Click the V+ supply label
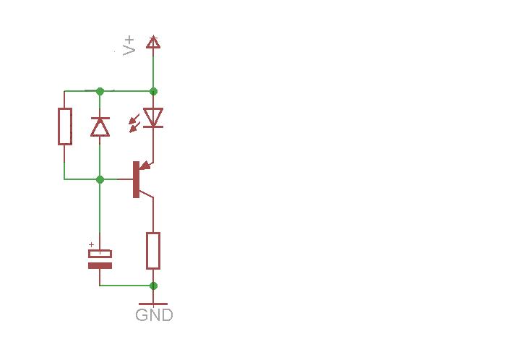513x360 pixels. tap(129, 46)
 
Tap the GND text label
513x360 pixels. tap(154, 315)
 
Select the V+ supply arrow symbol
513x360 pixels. tap(153, 42)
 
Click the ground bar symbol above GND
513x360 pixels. tap(153, 304)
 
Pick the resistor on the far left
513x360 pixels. tap(65, 127)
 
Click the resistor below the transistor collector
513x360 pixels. tap(153, 251)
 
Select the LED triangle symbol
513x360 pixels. tap(153, 118)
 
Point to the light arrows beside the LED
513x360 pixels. tap(134, 123)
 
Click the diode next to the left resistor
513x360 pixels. tap(100, 127)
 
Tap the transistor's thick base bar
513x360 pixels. tap(136, 179)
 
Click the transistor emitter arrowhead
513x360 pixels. tap(146, 166)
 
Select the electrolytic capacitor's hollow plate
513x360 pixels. tap(100, 254)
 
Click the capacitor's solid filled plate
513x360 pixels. tap(100, 265)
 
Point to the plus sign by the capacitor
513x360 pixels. tap(91, 244)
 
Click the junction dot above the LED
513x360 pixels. tap(153, 91)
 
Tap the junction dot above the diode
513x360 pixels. tap(100, 91)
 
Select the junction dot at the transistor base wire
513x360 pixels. tap(100, 179)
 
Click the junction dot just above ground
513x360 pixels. tap(153, 286)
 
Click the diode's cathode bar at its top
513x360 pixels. tap(100, 118)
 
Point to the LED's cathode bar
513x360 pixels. tap(153, 127)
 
